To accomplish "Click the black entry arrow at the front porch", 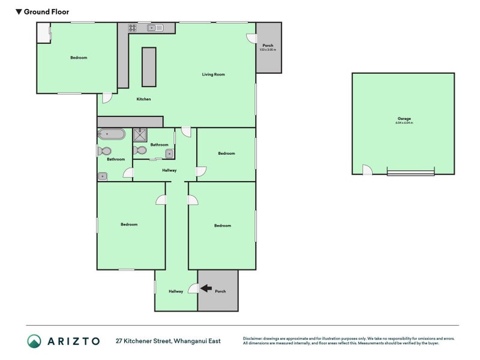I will [x=205, y=289].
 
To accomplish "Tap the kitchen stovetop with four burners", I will [x=132, y=28].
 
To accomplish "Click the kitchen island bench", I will [x=148, y=67].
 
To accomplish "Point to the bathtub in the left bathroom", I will [x=111, y=134].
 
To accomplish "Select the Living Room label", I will [x=213, y=74].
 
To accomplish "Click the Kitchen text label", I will [x=143, y=99].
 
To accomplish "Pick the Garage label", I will [x=404, y=119].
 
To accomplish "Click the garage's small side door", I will [x=367, y=170].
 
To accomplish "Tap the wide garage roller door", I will [x=410, y=173].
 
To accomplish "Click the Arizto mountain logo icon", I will [x=35, y=341].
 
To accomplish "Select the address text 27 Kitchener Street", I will [x=144, y=341].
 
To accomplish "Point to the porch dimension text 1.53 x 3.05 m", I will [x=268, y=50].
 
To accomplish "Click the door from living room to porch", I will [x=250, y=38].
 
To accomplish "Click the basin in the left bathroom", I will [x=103, y=176].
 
